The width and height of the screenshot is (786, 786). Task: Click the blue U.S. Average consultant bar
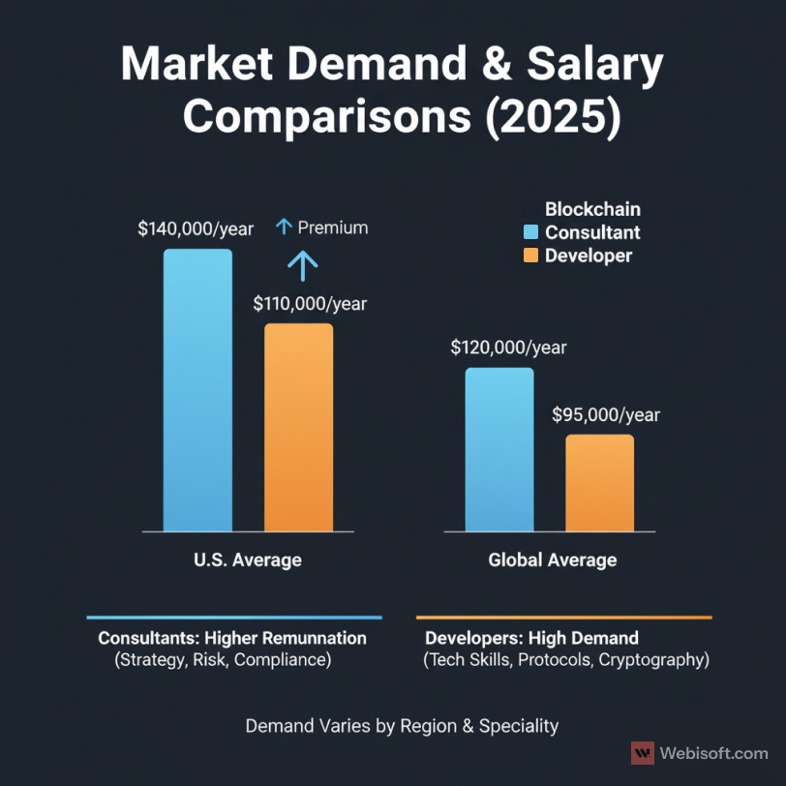coord(197,390)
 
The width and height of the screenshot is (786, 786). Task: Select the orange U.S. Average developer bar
coord(298,427)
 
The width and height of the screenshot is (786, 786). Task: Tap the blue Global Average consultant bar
coord(499,449)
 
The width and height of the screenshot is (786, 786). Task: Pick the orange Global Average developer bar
coord(600,483)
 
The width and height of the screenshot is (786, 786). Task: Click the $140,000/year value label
coord(196,229)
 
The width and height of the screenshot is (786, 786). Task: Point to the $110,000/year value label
coord(310,304)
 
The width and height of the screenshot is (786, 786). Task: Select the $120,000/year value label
coord(508,348)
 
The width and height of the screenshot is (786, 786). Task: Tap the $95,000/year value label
coord(606,415)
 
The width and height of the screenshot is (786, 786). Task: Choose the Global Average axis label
coord(552,560)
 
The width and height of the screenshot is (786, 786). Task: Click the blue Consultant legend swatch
coord(529,232)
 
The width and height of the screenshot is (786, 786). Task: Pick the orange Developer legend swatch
coord(529,256)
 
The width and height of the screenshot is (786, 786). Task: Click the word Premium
coord(333,228)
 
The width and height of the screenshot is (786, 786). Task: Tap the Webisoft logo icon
coord(642,753)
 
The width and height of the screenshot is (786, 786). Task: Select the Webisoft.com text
coord(713,753)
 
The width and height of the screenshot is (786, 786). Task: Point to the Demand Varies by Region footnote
coord(402,725)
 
